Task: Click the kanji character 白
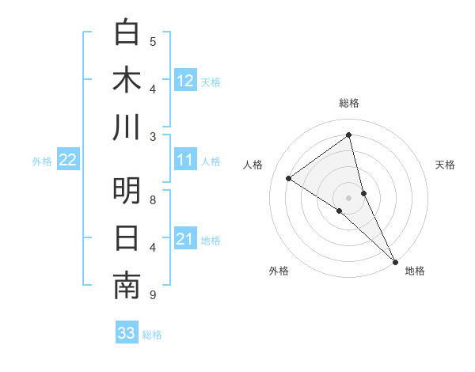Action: tap(127, 32)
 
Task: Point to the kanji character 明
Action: tap(127, 191)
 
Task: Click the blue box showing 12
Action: tap(185, 80)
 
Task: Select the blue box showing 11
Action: tap(185, 161)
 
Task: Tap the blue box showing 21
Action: tap(185, 240)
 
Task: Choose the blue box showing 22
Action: tap(67, 161)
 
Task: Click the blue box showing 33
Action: tap(127, 333)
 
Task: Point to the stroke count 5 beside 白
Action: tap(153, 41)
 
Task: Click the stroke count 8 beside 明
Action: tap(153, 199)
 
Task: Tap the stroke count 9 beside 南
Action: tap(153, 295)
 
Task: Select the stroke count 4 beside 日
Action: tap(153, 247)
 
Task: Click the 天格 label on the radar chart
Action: tap(446, 165)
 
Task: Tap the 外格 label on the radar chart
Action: tap(279, 271)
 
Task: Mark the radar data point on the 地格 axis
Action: tap(395, 260)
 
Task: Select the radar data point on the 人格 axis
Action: tap(288, 178)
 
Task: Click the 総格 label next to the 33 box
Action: tap(152, 335)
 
